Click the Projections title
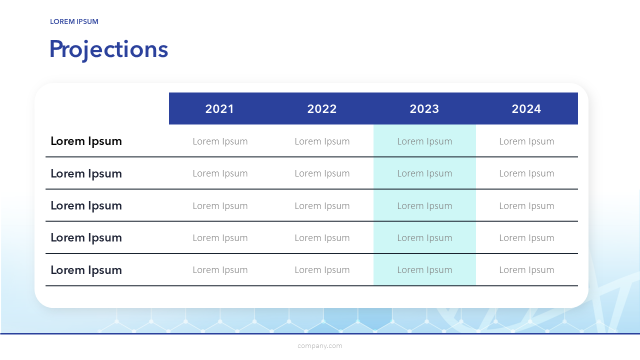(x=109, y=49)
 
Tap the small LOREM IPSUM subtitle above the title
(x=74, y=21)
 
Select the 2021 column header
(x=219, y=109)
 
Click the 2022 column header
(x=322, y=109)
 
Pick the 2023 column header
(x=424, y=109)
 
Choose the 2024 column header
(x=526, y=109)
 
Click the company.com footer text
(x=320, y=346)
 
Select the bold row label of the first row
(x=86, y=141)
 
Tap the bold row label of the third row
(x=86, y=206)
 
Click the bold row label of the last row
(x=86, y=270)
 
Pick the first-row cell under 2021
(x=220, y=141)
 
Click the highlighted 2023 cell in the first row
(x=424, y=141)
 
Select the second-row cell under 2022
(x=322, y=173)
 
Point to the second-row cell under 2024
(x=526, y=173)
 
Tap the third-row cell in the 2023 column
(x=424, y=206)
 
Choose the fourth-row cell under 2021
(x=220, y=238)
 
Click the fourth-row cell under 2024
(x=526, y=238)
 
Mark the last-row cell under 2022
(x=322, y=270)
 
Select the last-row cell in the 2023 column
(x=424, y=270)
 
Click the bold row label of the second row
(x=86, y=173)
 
